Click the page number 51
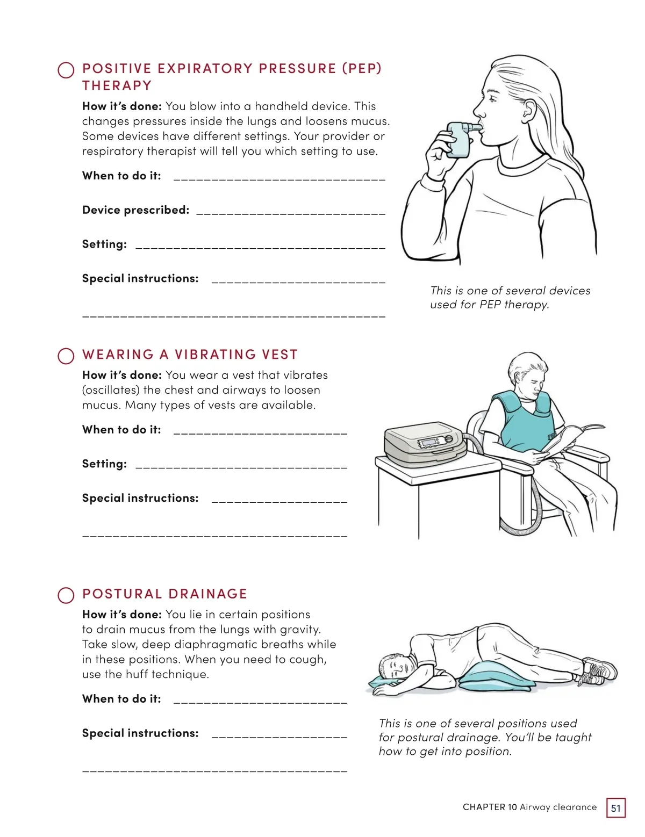[615, 808]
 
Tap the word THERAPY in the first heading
[117, 85]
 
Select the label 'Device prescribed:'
[135, 210]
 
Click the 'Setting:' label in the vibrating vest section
[104, 464]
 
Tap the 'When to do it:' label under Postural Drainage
[121, 699]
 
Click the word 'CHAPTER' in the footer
[484, 807]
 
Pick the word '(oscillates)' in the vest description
[111, 390]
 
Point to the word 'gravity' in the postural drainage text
[299, 630]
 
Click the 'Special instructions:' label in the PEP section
[140, 278]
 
